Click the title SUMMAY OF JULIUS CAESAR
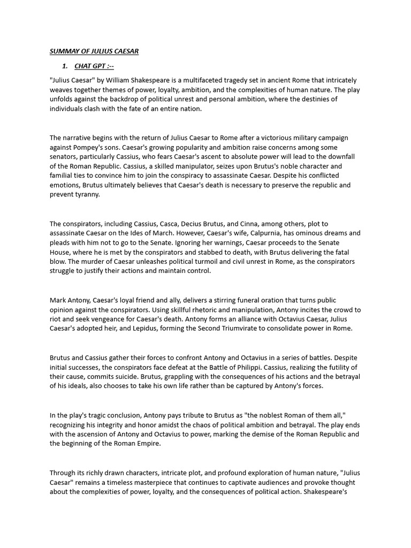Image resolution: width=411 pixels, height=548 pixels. pos(94,51)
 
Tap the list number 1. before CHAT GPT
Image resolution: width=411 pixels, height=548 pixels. pos(65,66)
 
